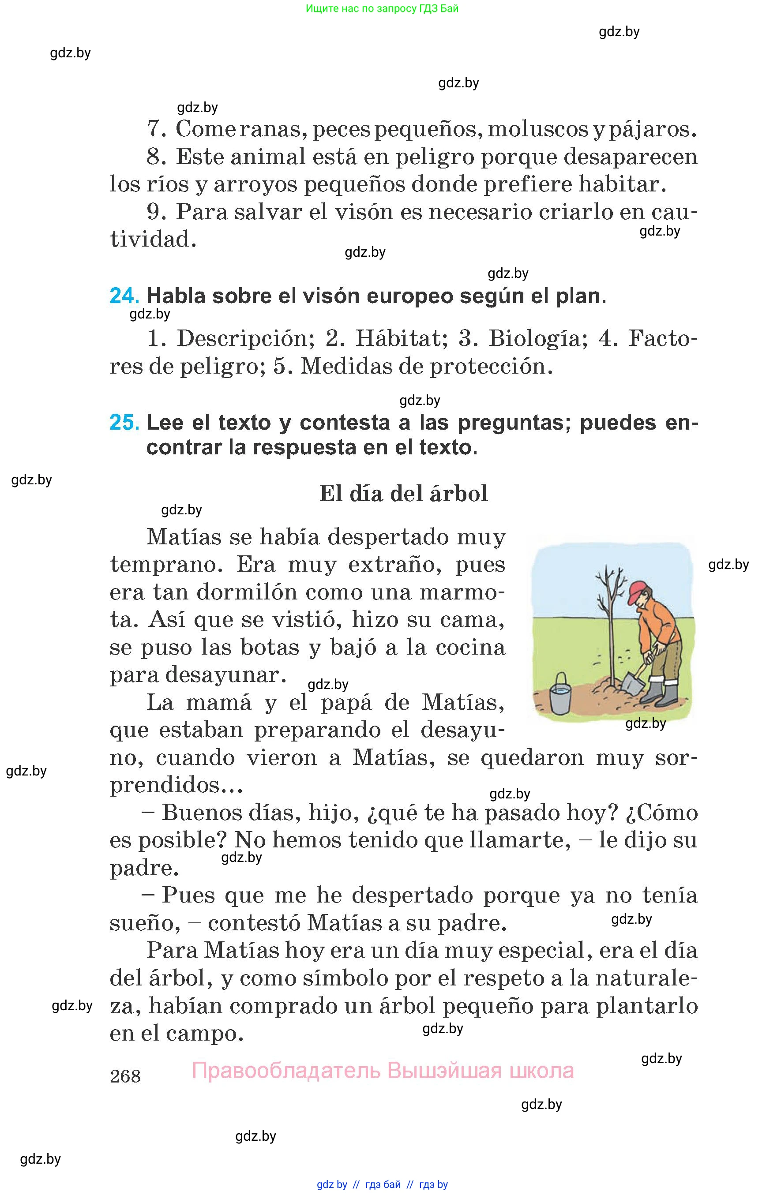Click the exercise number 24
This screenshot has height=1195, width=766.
click(x=124, y=296)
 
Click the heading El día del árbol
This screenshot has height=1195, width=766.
click(x=403, y=493)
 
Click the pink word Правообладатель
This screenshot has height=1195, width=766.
click(x=285, y=1070)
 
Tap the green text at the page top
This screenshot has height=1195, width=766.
click(x=382, y=8)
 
